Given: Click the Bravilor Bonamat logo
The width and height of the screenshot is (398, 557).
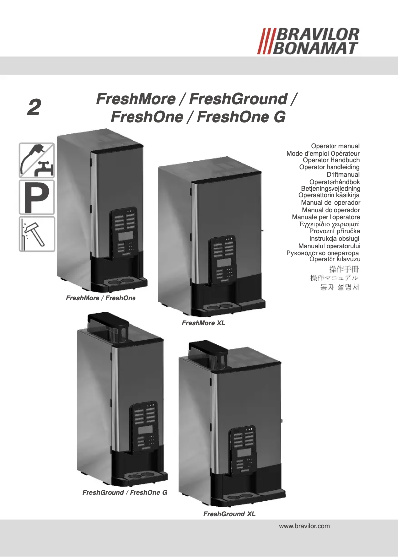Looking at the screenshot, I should (308, 41).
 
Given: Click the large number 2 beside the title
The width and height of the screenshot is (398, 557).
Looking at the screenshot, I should (33, 107).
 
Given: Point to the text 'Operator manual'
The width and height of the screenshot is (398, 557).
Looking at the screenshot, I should (335, 146).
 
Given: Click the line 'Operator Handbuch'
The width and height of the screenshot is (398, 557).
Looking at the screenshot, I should (331, 160).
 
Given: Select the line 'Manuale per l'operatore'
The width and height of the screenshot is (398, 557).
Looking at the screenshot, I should (326, 217).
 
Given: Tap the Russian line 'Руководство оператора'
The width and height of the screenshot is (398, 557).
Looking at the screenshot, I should (323, 253).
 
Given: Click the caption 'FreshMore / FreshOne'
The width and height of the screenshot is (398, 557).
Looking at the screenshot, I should (101, 298).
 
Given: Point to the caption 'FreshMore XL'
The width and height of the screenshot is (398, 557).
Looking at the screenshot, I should (203, 323).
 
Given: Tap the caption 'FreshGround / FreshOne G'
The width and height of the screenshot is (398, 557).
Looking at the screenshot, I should (125, 493).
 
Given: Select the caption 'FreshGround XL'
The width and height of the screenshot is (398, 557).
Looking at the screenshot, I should (229, 514).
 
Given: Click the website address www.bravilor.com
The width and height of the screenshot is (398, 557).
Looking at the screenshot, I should (305, 526).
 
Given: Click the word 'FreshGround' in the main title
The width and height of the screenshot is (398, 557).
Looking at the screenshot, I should (239, 99).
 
